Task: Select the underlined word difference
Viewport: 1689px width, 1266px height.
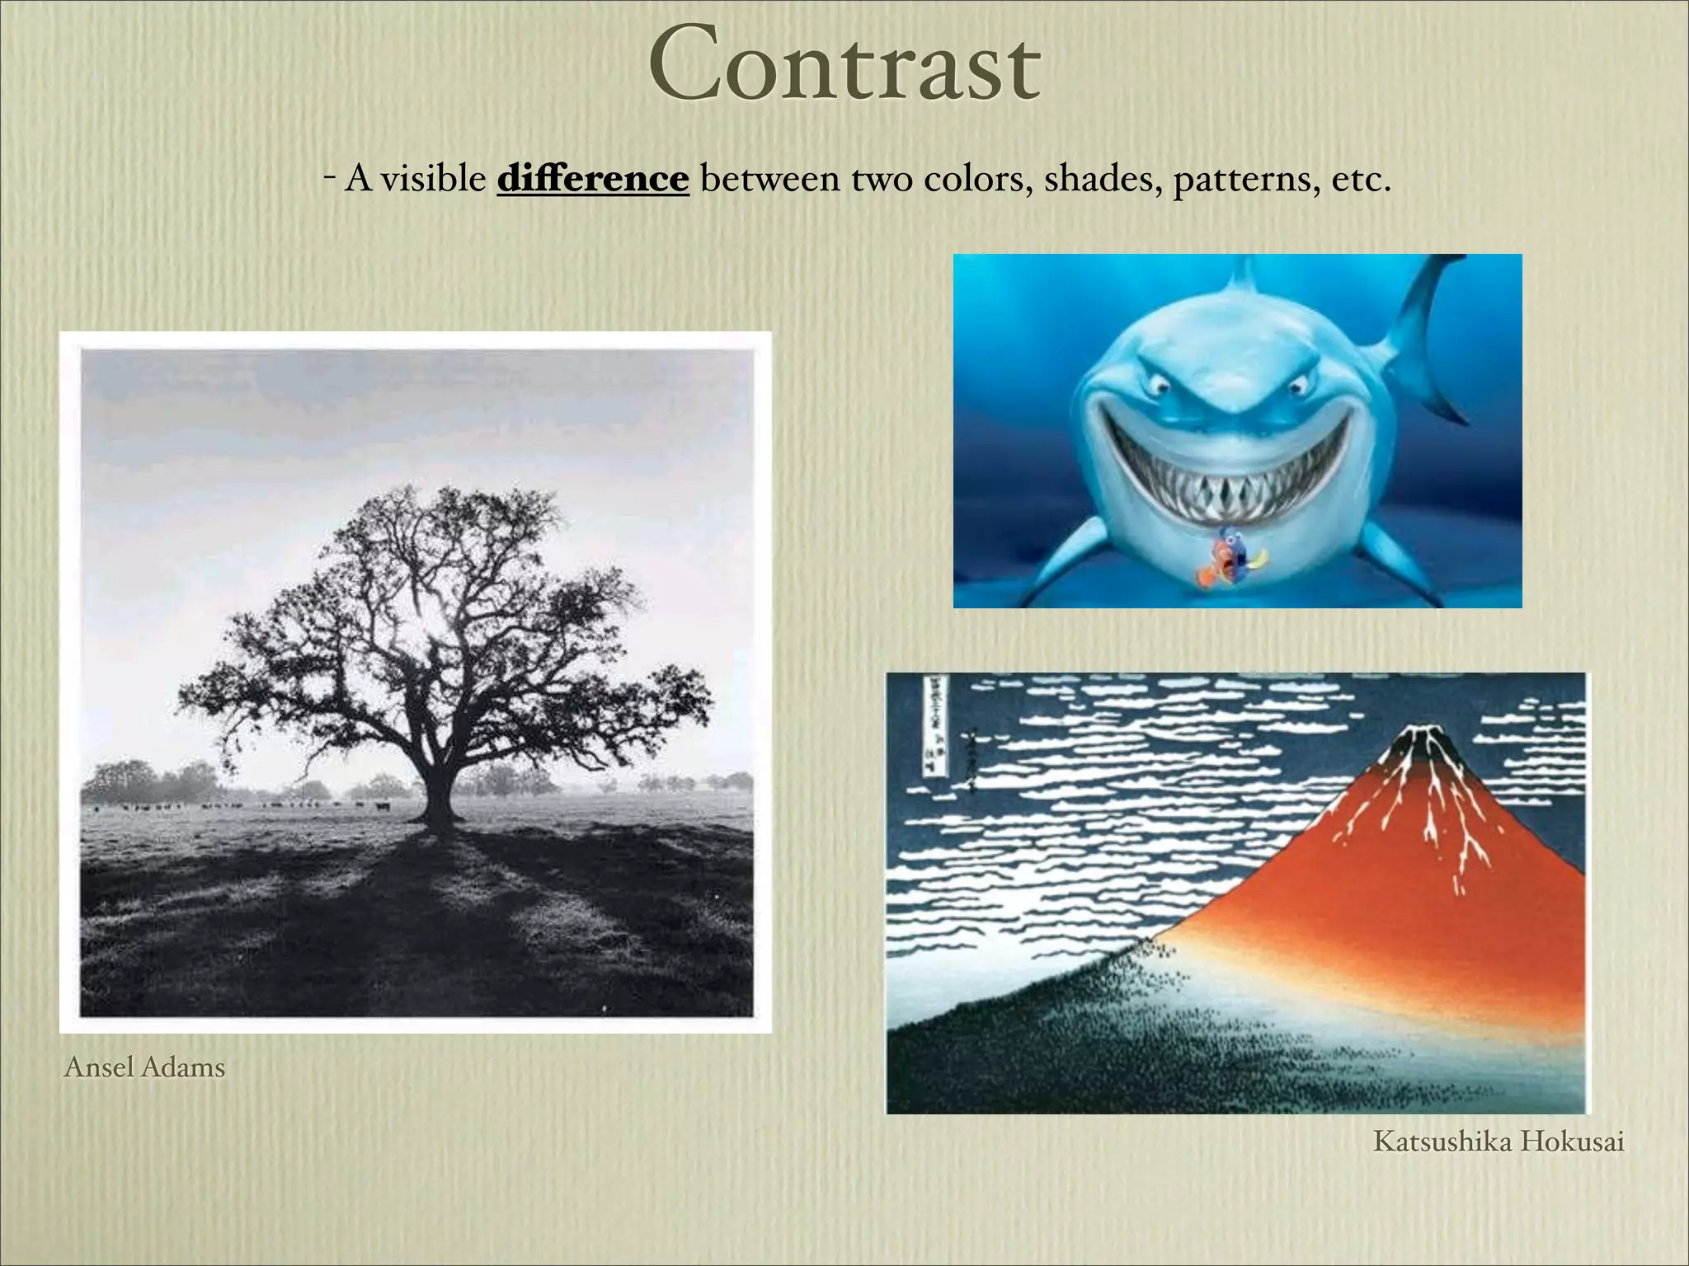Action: click(592, 178)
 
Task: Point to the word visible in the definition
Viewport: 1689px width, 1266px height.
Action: click(433, 178)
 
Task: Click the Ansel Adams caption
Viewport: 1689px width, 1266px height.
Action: click(144, 1067)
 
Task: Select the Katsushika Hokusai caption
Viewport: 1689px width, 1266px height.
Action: click(1498, 1142)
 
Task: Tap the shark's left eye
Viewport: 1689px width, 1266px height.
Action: click(1159, 384)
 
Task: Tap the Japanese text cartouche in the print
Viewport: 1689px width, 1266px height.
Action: click(934, 725)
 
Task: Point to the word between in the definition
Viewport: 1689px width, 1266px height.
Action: click(769, 178)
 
